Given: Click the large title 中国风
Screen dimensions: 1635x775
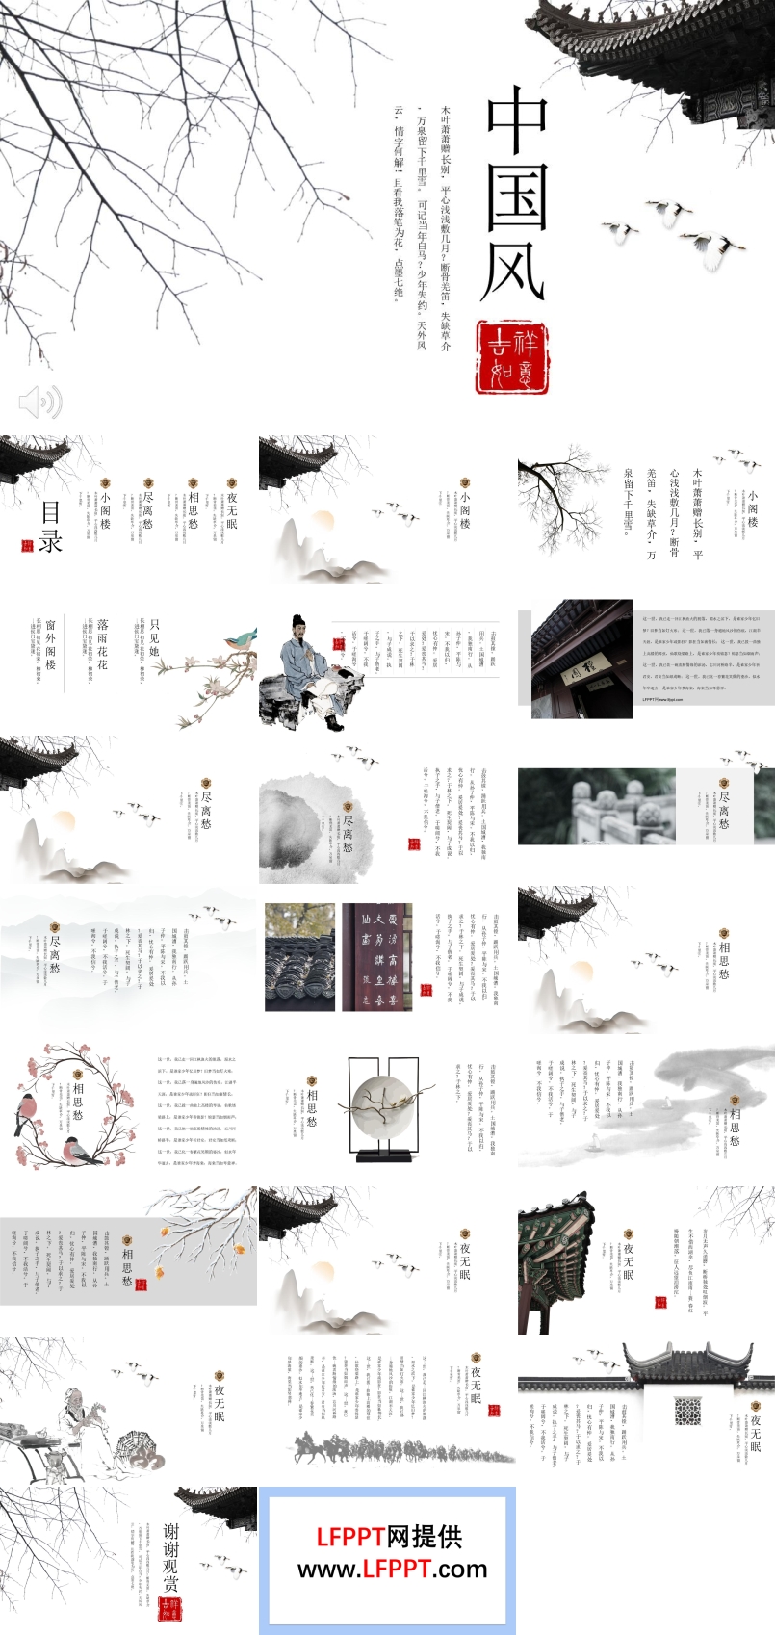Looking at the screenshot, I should pyautogui.click(x=516, y=193).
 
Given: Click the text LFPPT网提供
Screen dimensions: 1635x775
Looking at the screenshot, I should pyautogui.click(x=389, y=1537).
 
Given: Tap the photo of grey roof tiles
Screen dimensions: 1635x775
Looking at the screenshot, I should pyautogui.click(x=299, y=957).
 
